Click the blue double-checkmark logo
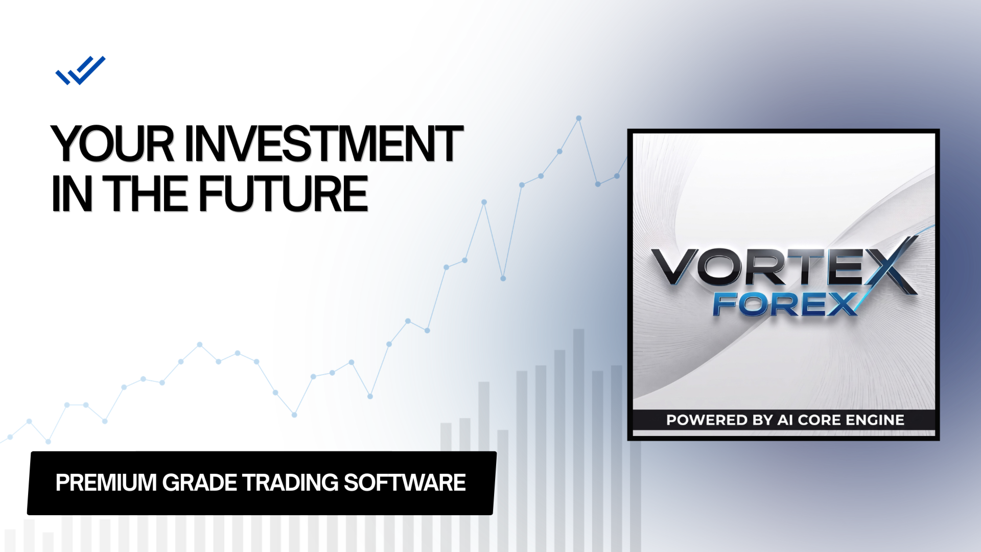[80, 71]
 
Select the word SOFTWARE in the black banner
[405, 482]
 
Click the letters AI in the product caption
[785, 420]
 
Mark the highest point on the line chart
[579, 118]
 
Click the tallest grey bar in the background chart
[578, 440]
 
